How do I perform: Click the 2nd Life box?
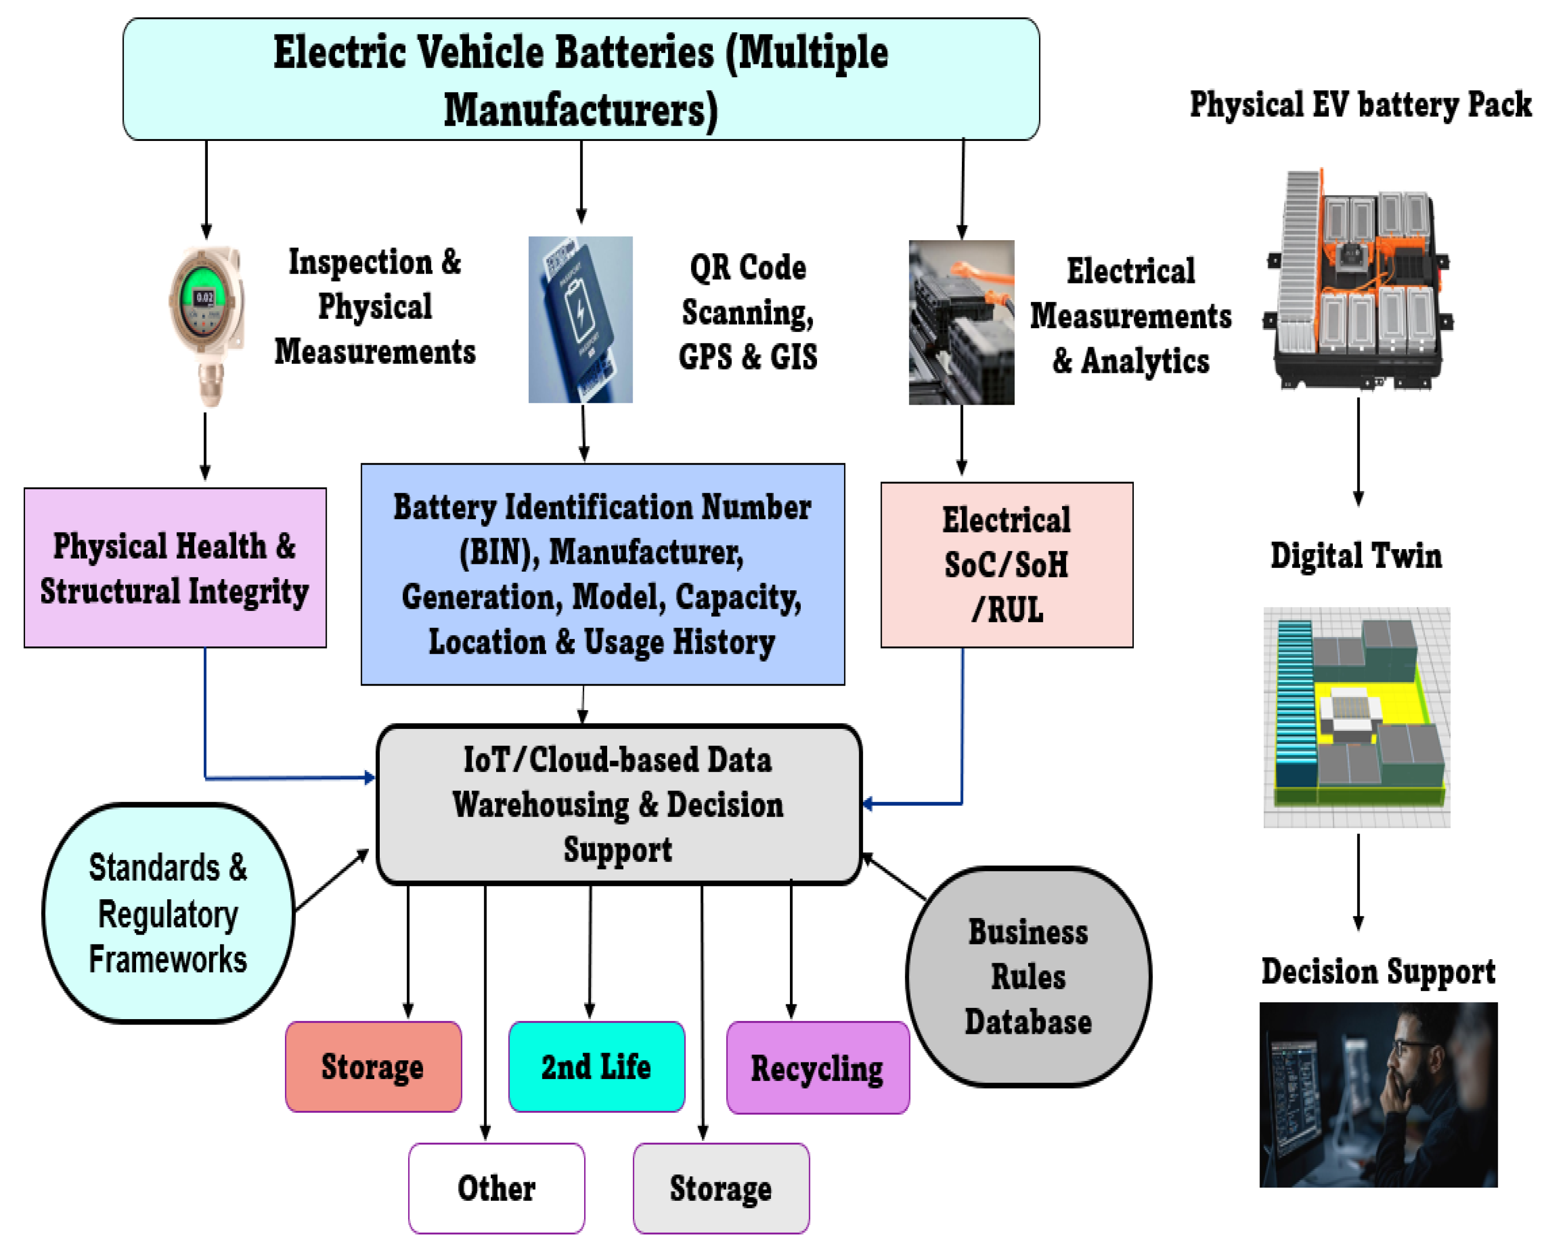coord(596,1066)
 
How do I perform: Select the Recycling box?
coord(817,1068)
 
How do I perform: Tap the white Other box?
coord(496,1188)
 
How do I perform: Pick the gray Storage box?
coord(721,1188)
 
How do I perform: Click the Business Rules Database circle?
coord(1028,976)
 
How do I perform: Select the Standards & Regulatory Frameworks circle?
coord(168,913)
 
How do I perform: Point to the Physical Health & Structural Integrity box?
coord(175,568)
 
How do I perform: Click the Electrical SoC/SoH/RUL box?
coord(1007,564)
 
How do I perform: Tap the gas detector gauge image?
coord(206,325)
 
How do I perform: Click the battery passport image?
coord(580,319)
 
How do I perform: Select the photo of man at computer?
coord(1377,1094)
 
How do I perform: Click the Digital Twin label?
coord(1356,555)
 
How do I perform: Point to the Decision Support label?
coord(1377,971)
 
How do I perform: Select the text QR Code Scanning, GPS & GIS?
coord(748,312)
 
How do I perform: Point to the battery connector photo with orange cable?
coord(961,322)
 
